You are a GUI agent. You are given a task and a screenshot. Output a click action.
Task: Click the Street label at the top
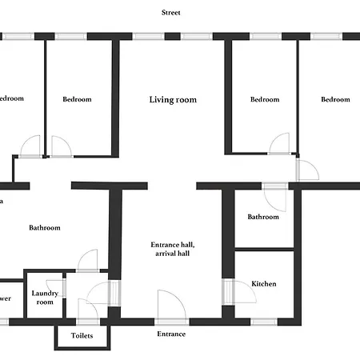pos(170,13)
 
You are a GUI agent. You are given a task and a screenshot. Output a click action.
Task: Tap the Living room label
pos(173,100)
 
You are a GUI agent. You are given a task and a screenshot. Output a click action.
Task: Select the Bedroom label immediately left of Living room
pos(77,100)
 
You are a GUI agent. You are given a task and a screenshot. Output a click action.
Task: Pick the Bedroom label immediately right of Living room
pos(265,100)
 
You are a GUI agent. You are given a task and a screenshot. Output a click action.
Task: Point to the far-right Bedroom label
pos(336,100)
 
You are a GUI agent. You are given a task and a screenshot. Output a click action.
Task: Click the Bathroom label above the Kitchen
pos(262,217)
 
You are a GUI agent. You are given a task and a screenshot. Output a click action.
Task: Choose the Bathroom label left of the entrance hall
pos(45,228)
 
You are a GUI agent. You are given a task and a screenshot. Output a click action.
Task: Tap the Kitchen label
pos(264,284)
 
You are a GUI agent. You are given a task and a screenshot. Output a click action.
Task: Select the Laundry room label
pos(45,298)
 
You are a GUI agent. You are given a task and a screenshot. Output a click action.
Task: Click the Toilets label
pos(82,336)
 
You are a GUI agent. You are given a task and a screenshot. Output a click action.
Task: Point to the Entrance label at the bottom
pos(171,334)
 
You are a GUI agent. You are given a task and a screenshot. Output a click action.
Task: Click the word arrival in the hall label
pos(165,254)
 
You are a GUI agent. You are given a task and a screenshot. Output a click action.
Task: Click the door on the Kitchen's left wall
pos(228,291)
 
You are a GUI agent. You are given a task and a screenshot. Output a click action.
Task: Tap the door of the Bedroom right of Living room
pos(279,144)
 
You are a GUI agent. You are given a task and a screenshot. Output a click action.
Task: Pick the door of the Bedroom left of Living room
pos(61,147)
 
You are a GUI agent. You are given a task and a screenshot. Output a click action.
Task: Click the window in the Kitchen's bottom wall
pos(264,322)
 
